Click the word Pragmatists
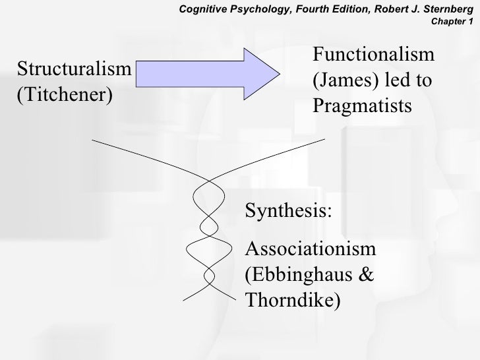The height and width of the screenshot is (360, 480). [x=361, y=106]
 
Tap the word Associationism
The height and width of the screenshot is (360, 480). [x=311, y=249]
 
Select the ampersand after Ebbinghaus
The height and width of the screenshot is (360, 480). [x=365, y=274]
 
